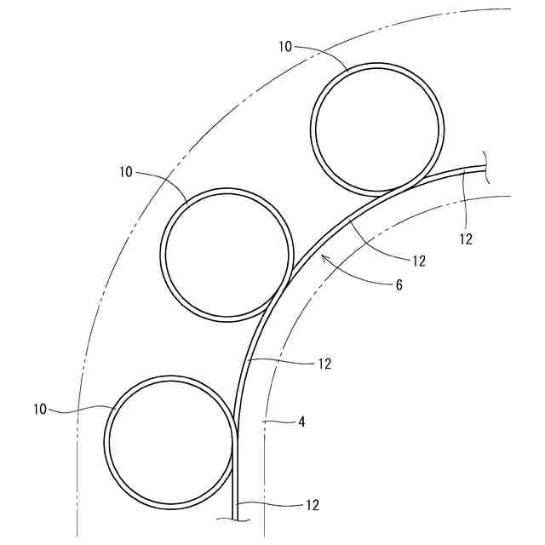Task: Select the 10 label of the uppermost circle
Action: click(x=284, y=47)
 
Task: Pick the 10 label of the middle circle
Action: click(x=126, y=171)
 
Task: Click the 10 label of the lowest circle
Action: click(x=41, y=409)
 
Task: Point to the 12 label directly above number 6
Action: click(x=417, y=261)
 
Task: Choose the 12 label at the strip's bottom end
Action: click(x=312, y=505)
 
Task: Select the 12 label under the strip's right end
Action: click(x=465, y=239)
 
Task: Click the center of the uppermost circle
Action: click(x=378, y=129)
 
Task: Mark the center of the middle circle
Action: click(x=227, y=254)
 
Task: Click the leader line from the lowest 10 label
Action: click(x=81, y=409)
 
